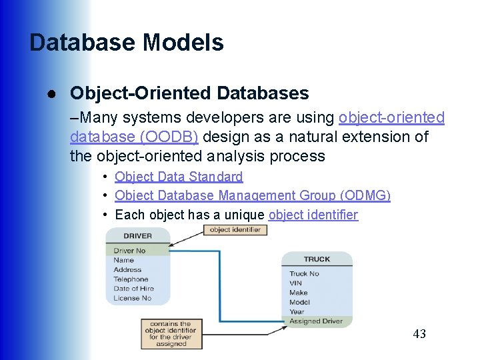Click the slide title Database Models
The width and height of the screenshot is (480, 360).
click(127, 43)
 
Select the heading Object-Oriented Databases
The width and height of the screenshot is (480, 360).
click(189, 93)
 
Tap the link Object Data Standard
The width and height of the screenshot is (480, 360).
click(179, 177)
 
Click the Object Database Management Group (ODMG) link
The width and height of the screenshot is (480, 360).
click(253, 195)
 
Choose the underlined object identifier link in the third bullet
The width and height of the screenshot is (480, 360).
click(313, 215)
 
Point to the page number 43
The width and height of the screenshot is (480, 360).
click(419, 334)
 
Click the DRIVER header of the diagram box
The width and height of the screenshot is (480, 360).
click(137, 235)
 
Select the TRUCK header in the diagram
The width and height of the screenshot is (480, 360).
click(317, 259)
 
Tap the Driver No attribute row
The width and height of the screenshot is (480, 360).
click(129, 251)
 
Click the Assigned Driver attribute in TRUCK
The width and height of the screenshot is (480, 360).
click(316, 321)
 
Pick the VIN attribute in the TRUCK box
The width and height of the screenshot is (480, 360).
click(296, 283)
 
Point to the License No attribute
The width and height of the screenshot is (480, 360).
click(132, 298)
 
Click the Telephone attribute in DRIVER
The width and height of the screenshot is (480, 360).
click(131, 279)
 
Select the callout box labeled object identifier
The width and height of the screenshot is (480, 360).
click(235, 230)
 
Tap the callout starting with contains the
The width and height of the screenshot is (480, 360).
click(171, 334)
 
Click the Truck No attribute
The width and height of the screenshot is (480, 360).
click(304, 274)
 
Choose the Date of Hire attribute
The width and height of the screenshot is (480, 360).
click(133, 289)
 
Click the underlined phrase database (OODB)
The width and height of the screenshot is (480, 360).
click(133, 137)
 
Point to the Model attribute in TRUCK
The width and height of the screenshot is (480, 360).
click(299, 302)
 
